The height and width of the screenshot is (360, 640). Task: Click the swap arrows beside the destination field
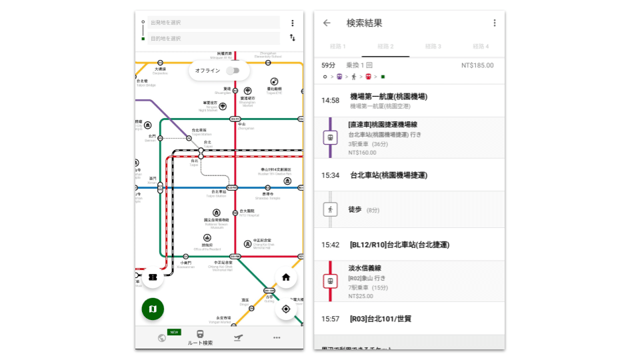(x=292, y=38)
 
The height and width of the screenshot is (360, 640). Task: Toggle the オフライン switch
(x=233, y=71)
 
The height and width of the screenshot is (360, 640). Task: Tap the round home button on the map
(x=286, y=277)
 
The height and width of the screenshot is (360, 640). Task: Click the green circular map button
(x=153, y=309)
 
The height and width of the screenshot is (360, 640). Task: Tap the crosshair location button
(x=286, y=309)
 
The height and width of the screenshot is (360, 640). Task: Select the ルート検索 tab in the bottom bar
(x=200, y=337)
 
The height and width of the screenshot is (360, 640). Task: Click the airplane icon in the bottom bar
(x=238, y=337)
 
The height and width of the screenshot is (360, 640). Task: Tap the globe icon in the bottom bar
(x=162, y=337)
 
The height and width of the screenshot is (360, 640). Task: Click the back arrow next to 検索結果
(x=327, y=23)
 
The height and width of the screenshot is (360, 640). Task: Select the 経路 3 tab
(x=433, y=47)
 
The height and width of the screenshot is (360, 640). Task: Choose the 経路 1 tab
(x=338, y=47)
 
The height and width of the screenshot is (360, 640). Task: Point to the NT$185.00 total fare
(x=477, y=65)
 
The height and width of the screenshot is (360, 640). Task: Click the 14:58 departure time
(x=331, y=101)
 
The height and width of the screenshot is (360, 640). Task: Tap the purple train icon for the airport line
(x=330, y=138)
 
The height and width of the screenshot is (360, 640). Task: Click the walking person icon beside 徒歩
(x=330, y=209)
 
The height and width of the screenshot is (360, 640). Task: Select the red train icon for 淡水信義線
(x=330, y=281)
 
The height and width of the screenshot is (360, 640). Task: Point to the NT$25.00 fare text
(x=361, y=296)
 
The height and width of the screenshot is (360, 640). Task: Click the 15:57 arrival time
(x=331, y=319)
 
